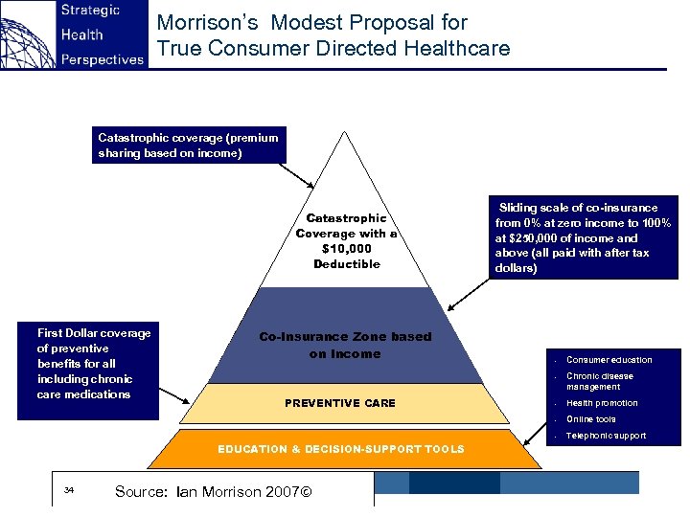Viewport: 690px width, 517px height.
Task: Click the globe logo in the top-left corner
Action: tap(27, 34)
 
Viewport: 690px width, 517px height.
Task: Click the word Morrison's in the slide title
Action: tap(203, 22)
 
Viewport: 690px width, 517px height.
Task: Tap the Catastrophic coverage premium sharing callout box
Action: tap(189, 146)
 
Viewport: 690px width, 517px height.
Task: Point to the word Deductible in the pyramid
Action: tap(347, 264)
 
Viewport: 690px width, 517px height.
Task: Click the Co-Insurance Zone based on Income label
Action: tap(345, 346)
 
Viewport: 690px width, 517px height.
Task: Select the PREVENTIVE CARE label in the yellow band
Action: tap(340, 403)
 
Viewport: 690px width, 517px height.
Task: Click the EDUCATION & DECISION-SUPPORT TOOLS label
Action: tap(341, 449)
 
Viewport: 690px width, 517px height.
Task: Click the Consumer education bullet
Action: tap(609, 360)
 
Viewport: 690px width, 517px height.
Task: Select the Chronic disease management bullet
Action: tap(600, 381)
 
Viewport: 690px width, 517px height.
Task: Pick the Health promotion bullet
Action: tap(602, 403)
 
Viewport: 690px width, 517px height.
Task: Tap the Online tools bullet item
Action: tap(591, 419)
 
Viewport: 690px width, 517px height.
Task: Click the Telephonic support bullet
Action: tap(606, 436)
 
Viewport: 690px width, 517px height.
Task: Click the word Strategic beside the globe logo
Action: tap(90, 11)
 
